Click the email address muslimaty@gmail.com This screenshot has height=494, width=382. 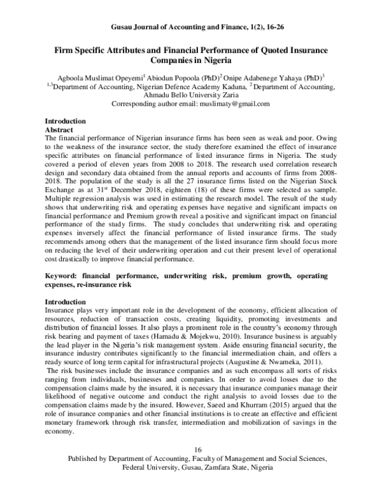coord(236,103)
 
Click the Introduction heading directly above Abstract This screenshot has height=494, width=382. coord(65,120)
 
